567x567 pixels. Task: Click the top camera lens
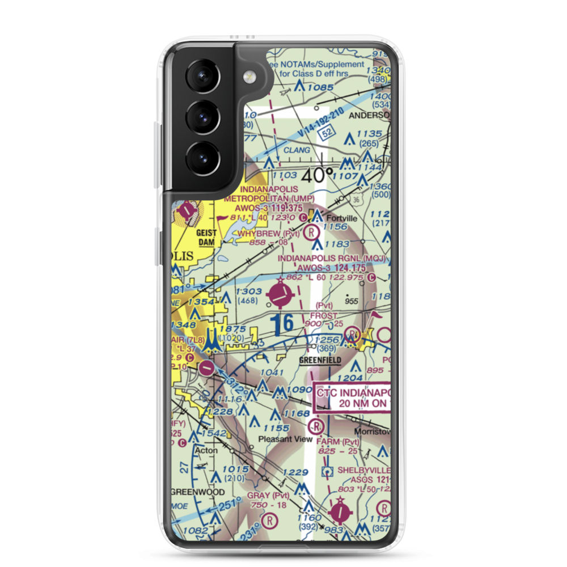click(x=201, y=78)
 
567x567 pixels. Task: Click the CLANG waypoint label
click(x=297, y=150)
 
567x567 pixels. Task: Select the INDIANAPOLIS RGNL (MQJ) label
click(x=332, y=259)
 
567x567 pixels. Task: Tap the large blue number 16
click(x=281, y=324)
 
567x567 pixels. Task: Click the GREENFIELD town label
click(x=320, y=360)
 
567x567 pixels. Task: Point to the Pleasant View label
click(x=285, y=439)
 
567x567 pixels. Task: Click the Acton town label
click(x=205, y=451)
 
